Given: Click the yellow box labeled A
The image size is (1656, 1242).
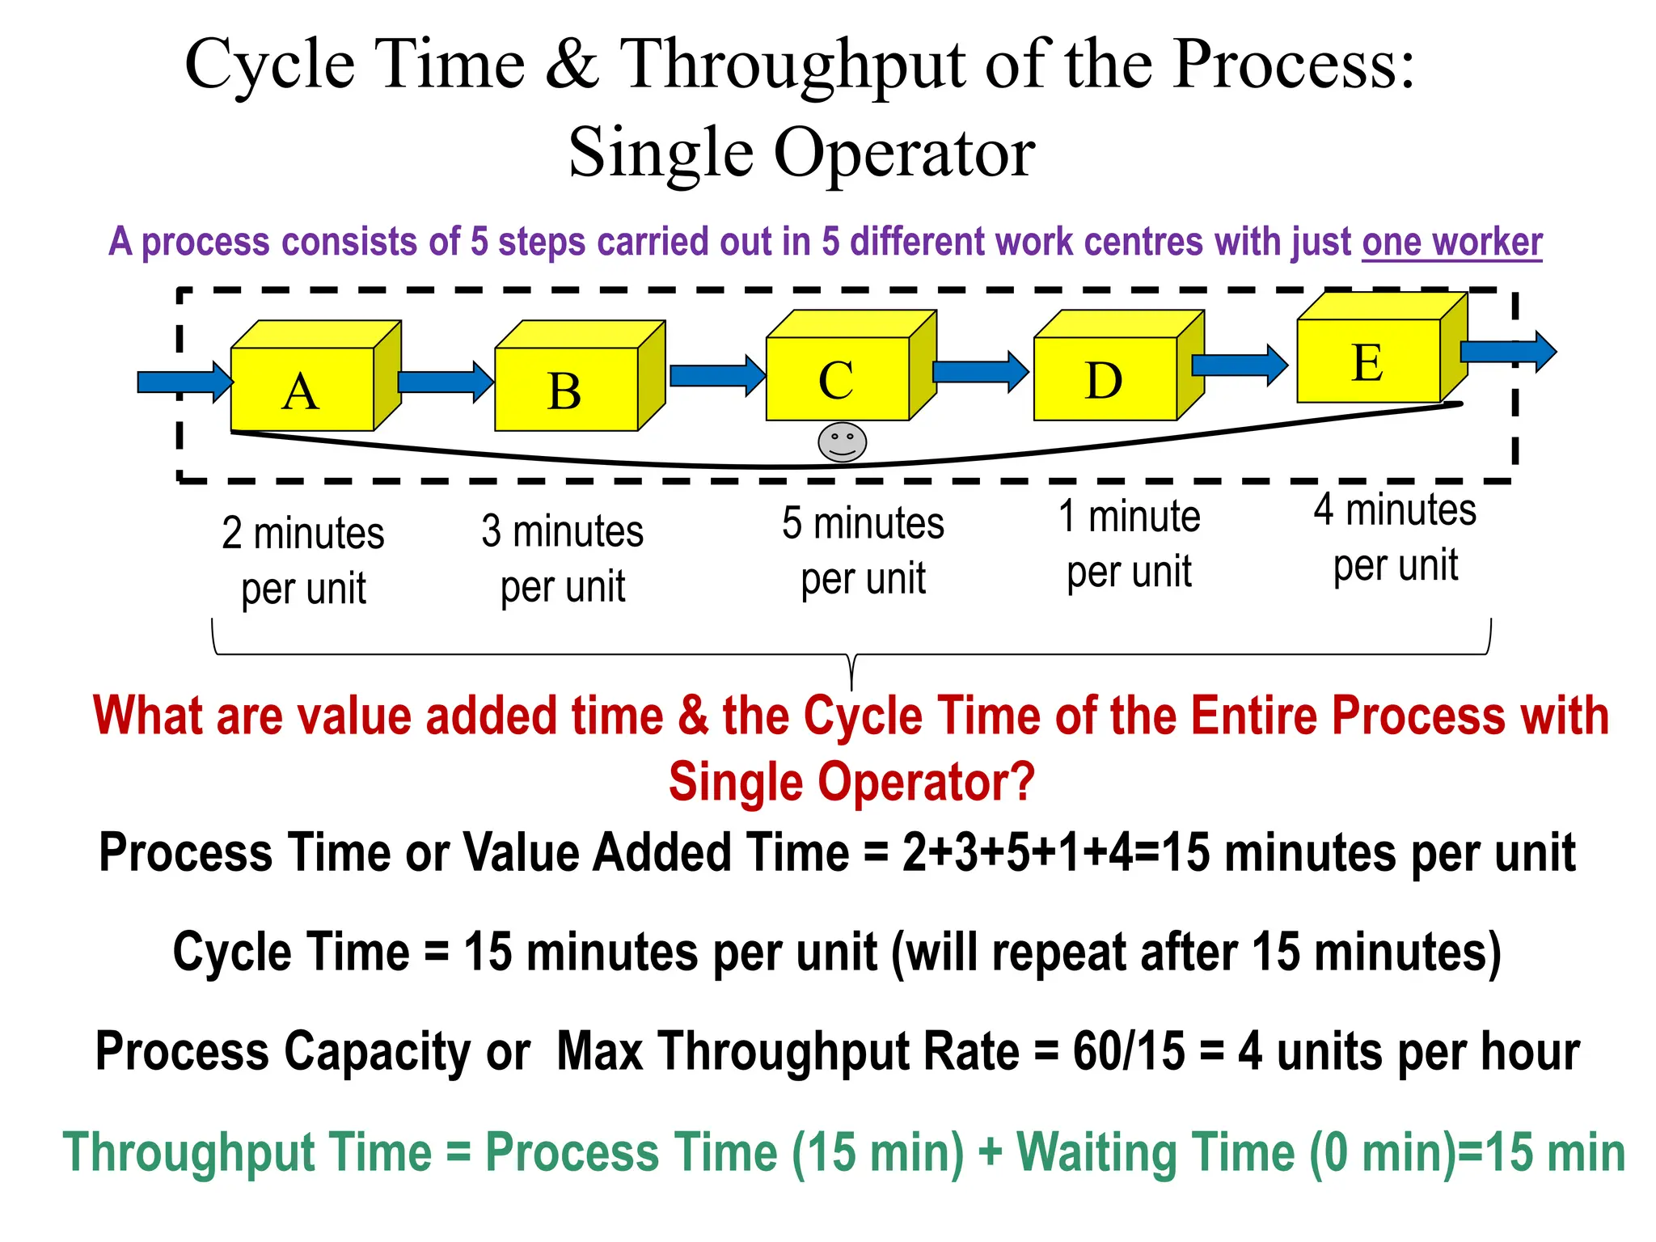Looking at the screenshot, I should (x=302, y=389).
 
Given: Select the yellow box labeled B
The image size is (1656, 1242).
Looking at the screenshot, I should (x=566, y=389).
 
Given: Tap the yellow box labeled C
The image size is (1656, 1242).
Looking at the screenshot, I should (x=838, y=378).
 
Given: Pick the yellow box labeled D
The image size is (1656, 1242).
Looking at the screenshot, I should (x=1105, y=378).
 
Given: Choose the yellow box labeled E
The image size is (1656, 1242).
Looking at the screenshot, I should (x=1368, y=361).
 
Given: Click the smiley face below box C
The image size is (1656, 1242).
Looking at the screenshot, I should (x=842, y=442).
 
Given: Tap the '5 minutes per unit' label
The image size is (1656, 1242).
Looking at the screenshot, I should (x=863, y=551).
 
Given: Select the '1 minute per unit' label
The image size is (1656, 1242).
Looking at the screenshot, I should (x=1130, y=543).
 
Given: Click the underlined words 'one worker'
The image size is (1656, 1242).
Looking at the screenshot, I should (x=1452, y=242).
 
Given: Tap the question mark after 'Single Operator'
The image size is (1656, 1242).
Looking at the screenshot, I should (x=1023, y=782).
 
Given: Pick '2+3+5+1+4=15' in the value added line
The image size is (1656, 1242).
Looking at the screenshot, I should (x=1056, y=852).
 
